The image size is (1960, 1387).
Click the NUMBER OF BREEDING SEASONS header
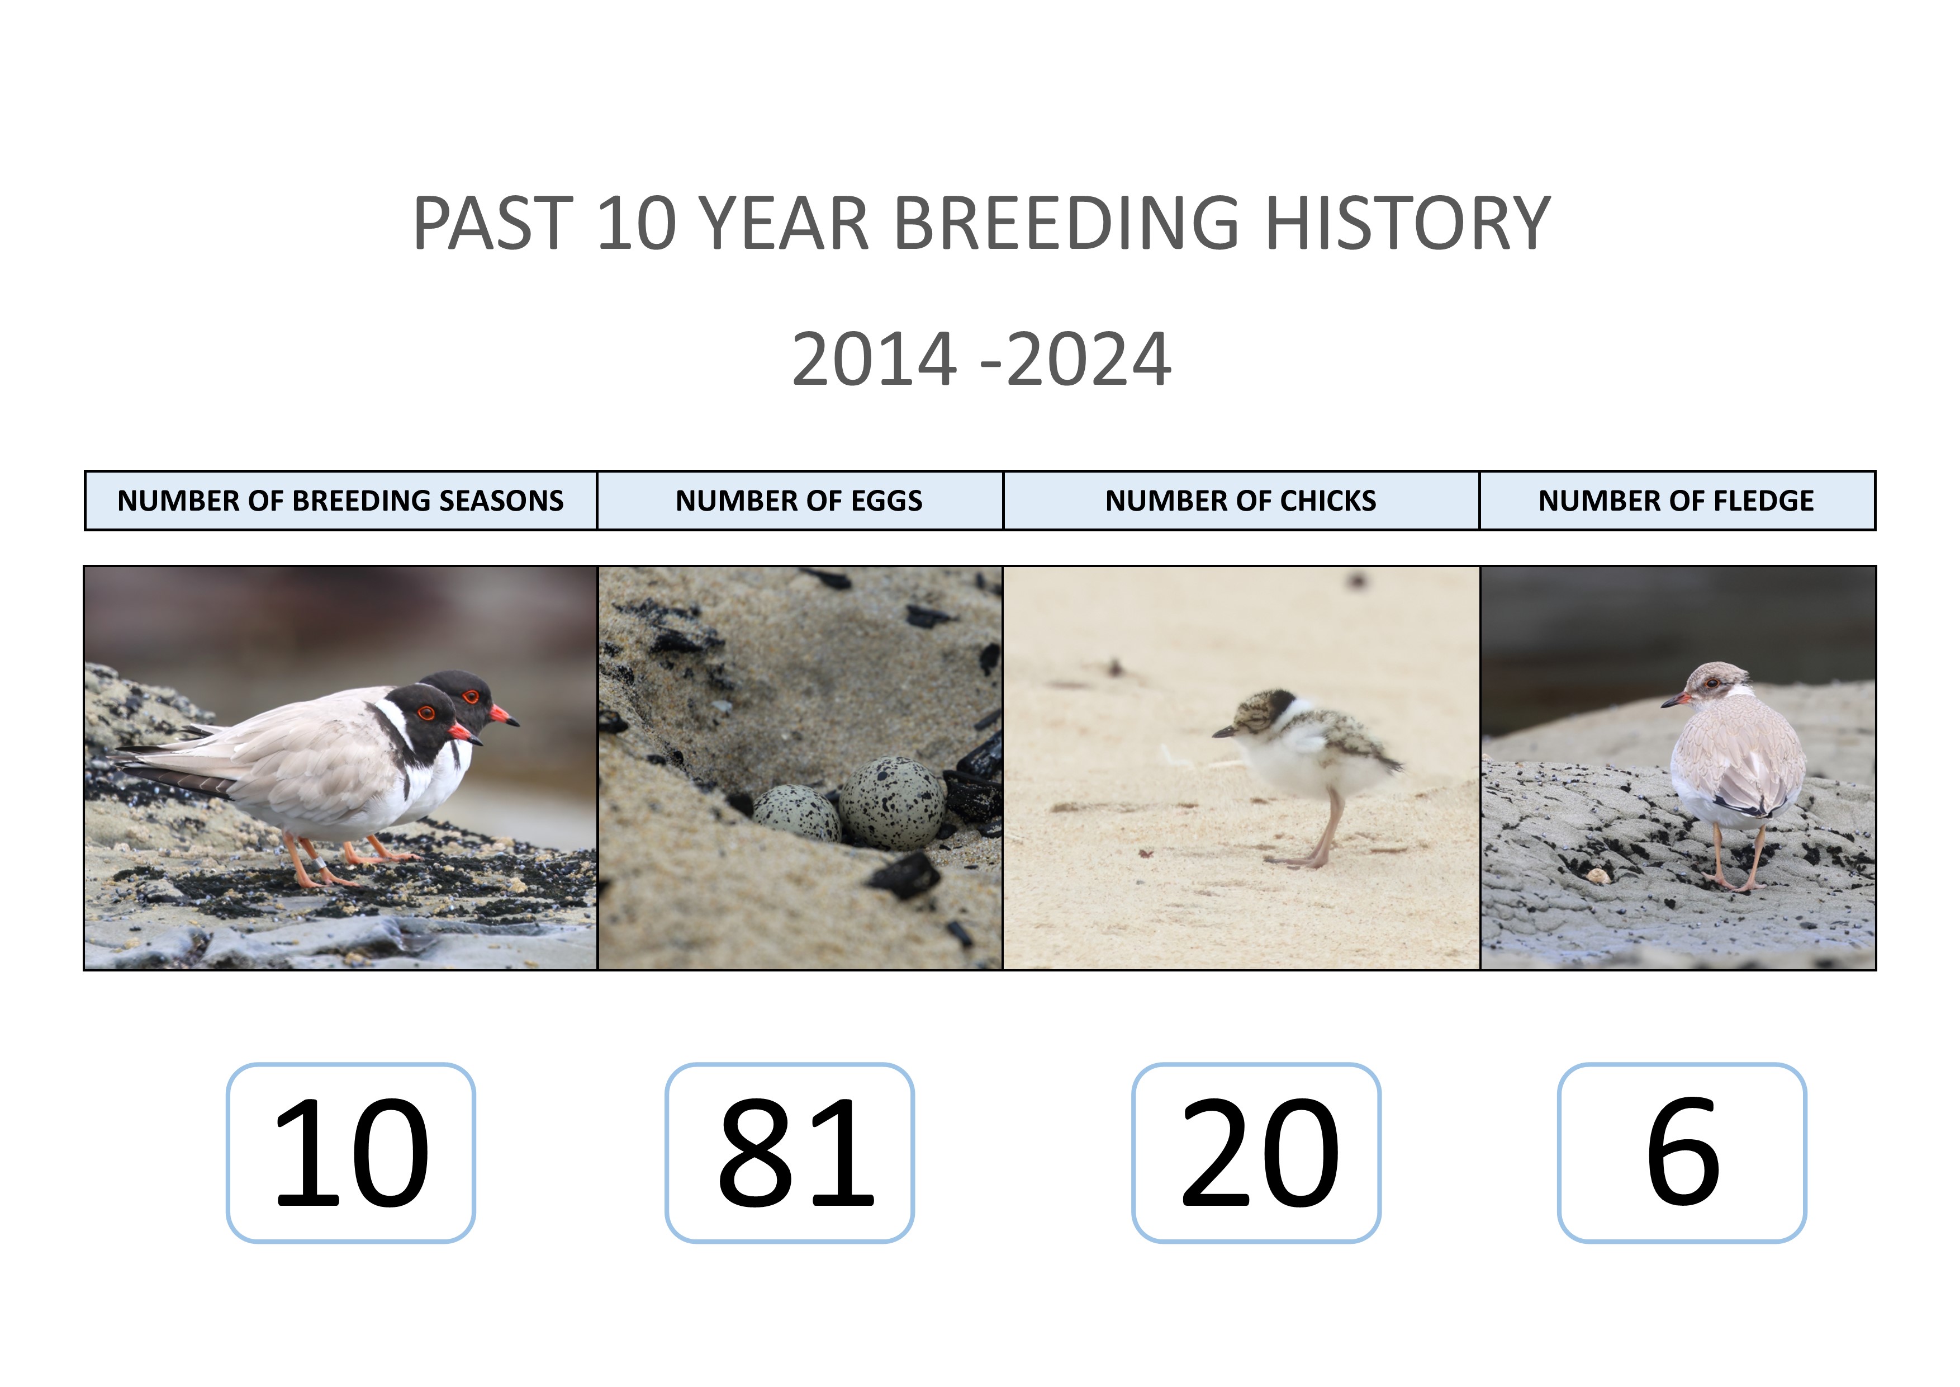pyautogui.click(x=340, y=501)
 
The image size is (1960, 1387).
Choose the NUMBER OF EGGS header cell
pyautogui.click(x=799, y=501)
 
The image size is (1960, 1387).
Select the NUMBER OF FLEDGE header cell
pyautogui.click(x=1677, y=501)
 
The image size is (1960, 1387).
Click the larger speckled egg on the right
pyautogui.click(x=892, y=802)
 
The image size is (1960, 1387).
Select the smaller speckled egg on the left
pyautogui.click(x=796, y=814)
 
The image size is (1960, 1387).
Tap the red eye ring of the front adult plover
pyautogui.click(x=426, y=713)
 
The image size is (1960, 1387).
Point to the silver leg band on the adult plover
pyautogui.click(x=319, y=864)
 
